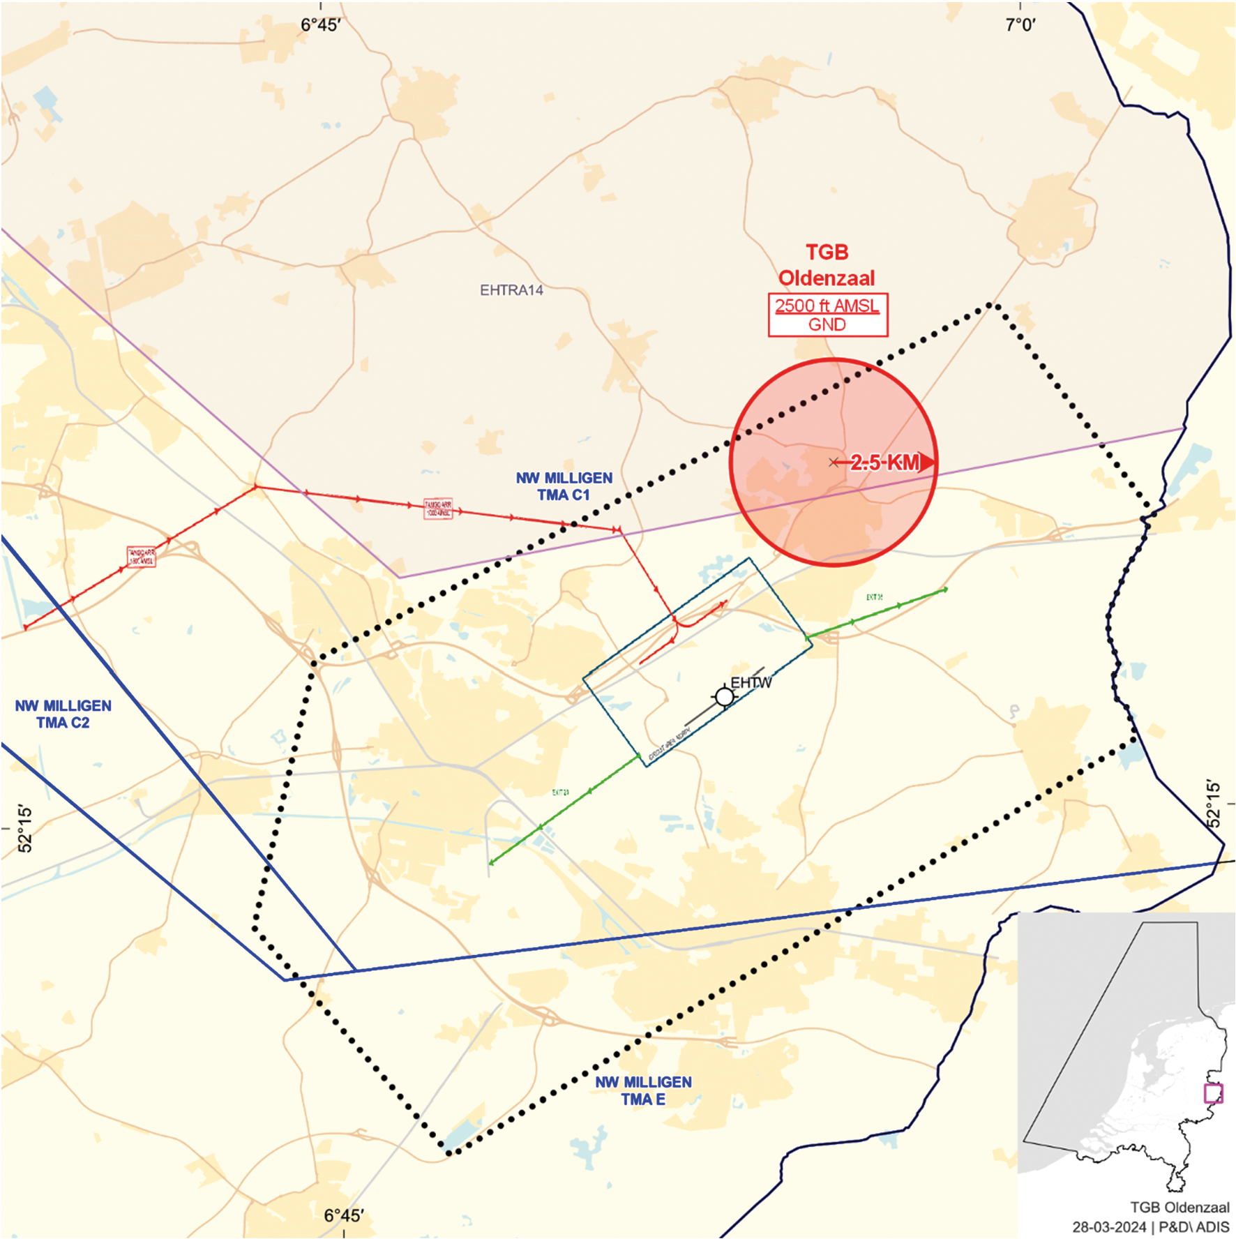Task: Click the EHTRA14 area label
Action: [511, 290]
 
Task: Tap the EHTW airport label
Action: [751, 683]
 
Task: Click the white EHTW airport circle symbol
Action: [725, 697]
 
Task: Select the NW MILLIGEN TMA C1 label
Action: [564, 486]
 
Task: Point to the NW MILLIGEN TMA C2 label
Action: [63, 714]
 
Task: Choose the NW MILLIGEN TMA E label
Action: [643, 1090]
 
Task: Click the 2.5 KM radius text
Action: [884, 463]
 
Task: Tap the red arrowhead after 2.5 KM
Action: [928, 463]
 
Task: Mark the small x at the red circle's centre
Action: [834, 463]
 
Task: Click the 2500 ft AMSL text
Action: [827, 306]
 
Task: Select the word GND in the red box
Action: [827, 325]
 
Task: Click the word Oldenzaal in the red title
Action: [827, 278]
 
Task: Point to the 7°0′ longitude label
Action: [1020, 25]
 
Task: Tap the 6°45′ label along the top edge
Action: [320, 25]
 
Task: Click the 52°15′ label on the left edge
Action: [25, 829]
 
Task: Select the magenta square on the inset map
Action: [1214, 1093]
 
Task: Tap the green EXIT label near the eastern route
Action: [874, 597]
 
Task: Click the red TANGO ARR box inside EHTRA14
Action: [438, 509]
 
